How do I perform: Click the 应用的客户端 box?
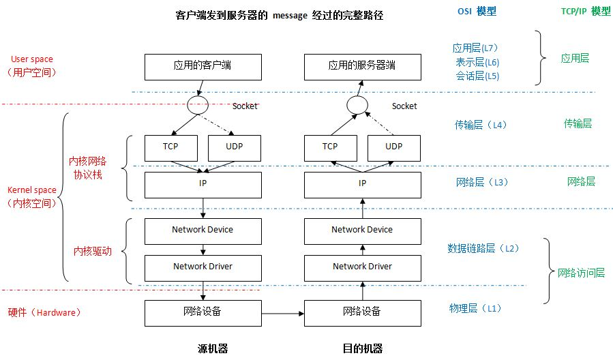click(x=203, y=66)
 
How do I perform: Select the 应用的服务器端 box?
click(x=362, y=66)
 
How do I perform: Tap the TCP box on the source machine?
click(x=170, y=147)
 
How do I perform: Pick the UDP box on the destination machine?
click(x=394, y=147)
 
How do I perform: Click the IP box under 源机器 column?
click(x=203, y=184)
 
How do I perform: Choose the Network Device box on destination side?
click(x=362, y=230)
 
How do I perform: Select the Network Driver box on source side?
click(x=203, y=267)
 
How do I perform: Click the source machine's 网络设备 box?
click(x=203, y=312)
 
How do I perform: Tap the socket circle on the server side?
click(x=357, y=106)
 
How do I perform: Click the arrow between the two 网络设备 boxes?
click(x=282, y=313)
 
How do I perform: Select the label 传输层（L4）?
click(x=481, y=125)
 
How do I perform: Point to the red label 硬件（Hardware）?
click(x=45, y=312)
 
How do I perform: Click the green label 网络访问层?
click(x=581, y=273)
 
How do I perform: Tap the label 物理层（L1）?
click(x=475, y=308)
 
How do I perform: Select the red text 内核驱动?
click(x=92, y=251)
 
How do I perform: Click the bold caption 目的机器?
click(x=362, y=348)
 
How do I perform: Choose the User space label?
click(x=31, y=59)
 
